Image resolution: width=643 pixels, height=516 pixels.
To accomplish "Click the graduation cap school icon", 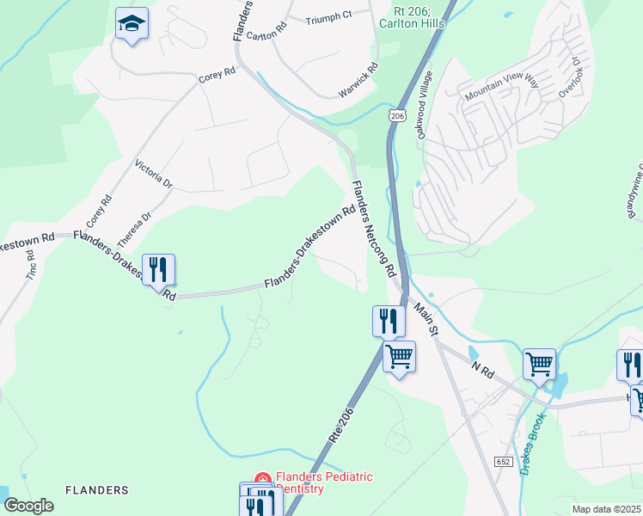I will [132, 23].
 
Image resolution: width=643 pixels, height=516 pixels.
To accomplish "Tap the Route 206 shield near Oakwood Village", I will [396, 114].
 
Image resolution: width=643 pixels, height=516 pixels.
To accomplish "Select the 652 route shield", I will [504, 462].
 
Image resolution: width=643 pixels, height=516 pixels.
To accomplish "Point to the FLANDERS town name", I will [97, 490].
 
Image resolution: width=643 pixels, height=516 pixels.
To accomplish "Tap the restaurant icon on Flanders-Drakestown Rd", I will [158, 269].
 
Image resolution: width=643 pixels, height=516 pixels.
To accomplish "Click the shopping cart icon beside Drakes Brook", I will [540, 363].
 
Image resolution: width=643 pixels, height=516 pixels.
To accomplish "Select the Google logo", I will [28, 506].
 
